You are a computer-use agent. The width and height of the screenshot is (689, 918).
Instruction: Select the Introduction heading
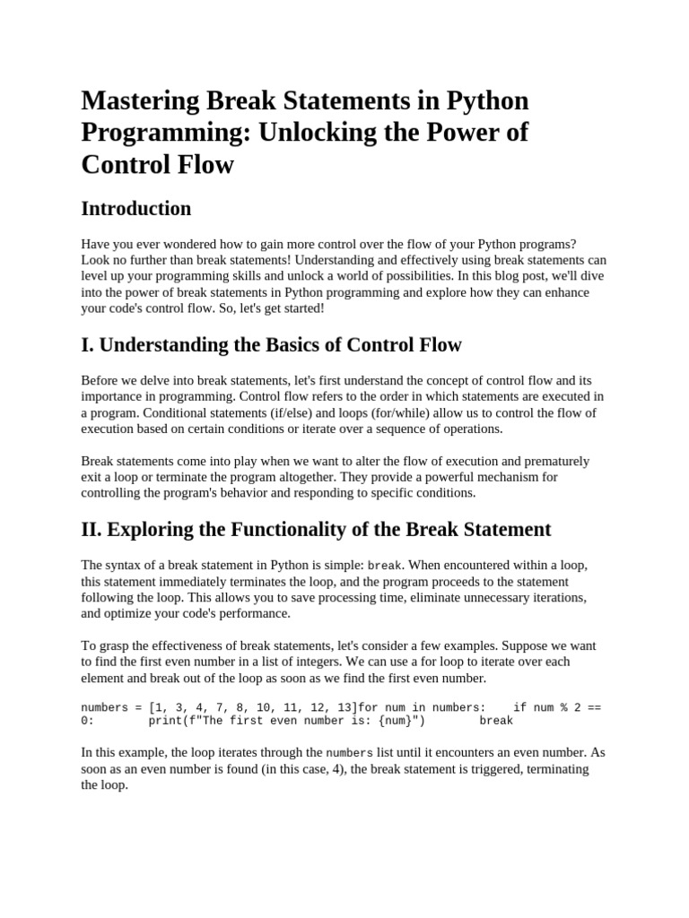click(136, 209)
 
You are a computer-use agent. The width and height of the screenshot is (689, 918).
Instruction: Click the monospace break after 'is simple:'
click(385, 566)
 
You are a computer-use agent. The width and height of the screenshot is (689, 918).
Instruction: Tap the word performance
click(252, 613)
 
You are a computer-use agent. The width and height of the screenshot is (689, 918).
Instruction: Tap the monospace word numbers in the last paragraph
click(349, 753)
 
